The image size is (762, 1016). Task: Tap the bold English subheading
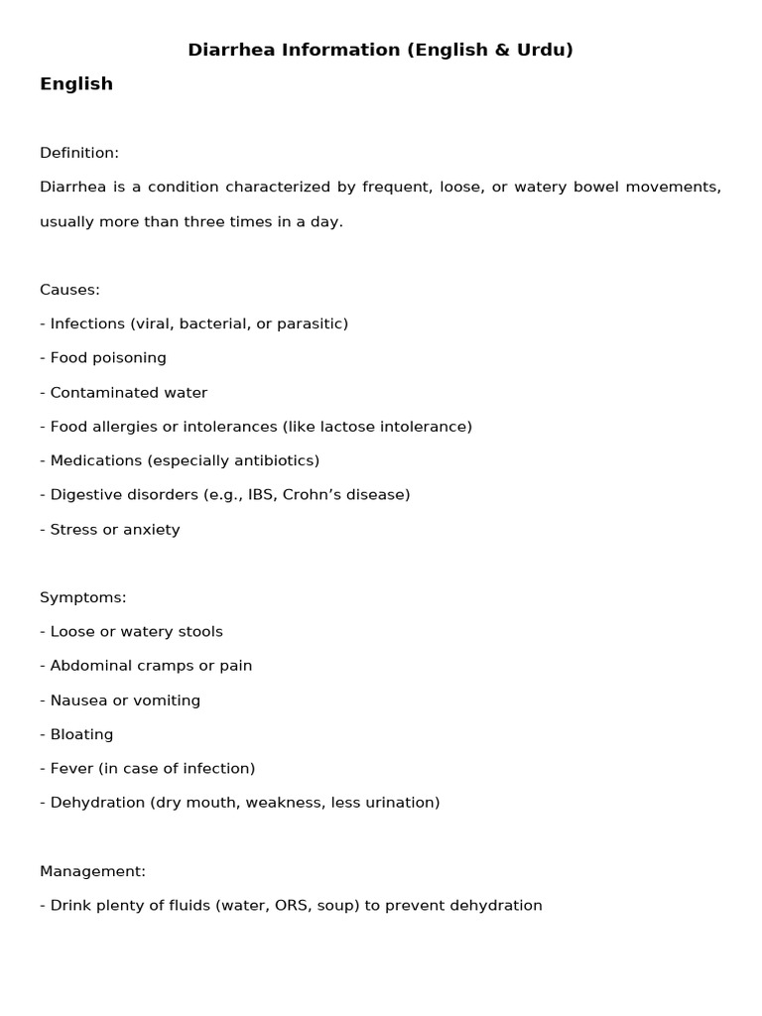click(76, 84)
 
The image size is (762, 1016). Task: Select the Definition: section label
click(79, 153)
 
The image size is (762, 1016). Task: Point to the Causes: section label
click(69, 290)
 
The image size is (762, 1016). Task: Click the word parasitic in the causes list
click(312, 323)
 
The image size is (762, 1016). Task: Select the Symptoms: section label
click(82, 597)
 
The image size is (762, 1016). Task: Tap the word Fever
click(70, 768)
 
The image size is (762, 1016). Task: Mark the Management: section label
click(92, 871)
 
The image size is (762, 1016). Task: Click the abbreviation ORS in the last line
click(290, 905)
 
